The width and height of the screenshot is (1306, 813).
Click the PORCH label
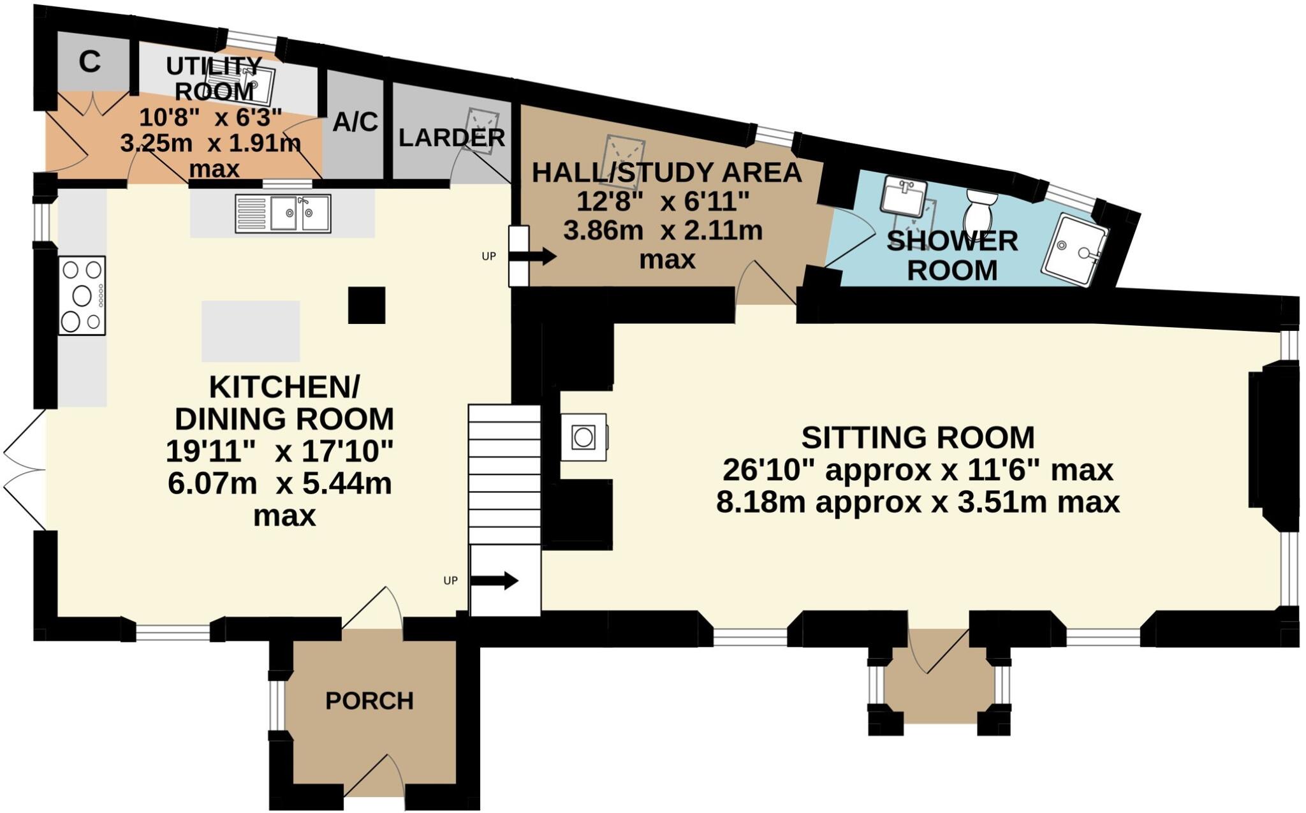(x=369, y=701)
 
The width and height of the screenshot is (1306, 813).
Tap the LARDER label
(x=451, y=138)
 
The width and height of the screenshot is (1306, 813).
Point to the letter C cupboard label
(x=90, y=62)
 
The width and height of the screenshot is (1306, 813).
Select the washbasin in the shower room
(x=904, y=196)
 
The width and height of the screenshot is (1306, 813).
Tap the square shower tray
(x=1075, y=251)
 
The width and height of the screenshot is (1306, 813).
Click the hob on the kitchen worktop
(x=82, y=295)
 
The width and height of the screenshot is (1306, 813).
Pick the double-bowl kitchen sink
(x=283, y=213)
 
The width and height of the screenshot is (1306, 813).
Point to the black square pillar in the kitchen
(x=367, y=305)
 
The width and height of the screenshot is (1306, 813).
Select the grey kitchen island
(x=251, y=331)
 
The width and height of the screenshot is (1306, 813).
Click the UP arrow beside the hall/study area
(x=539, y=257)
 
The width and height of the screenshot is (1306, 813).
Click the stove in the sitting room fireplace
(x=583, y=437)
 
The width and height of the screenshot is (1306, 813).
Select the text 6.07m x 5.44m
(x=280, y=484)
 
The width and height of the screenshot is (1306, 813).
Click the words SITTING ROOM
(x=918, y=437)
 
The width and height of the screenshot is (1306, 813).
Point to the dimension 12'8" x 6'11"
(x=663, y=202)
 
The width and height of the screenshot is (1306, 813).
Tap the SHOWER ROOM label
(x=952, y=256)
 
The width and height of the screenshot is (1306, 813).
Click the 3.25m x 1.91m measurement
(x=210, y=143)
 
